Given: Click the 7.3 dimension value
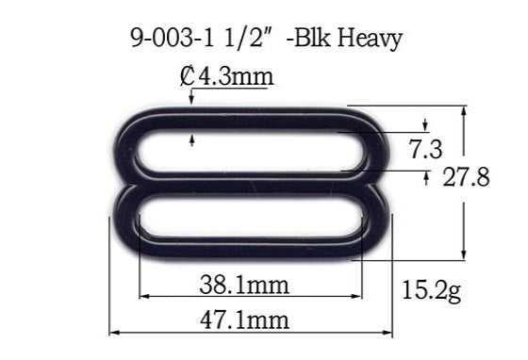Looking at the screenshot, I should click(428, 148).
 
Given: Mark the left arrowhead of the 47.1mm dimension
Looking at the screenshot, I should click(114, 332).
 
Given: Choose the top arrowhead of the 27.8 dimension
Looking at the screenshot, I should click(464, 111).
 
